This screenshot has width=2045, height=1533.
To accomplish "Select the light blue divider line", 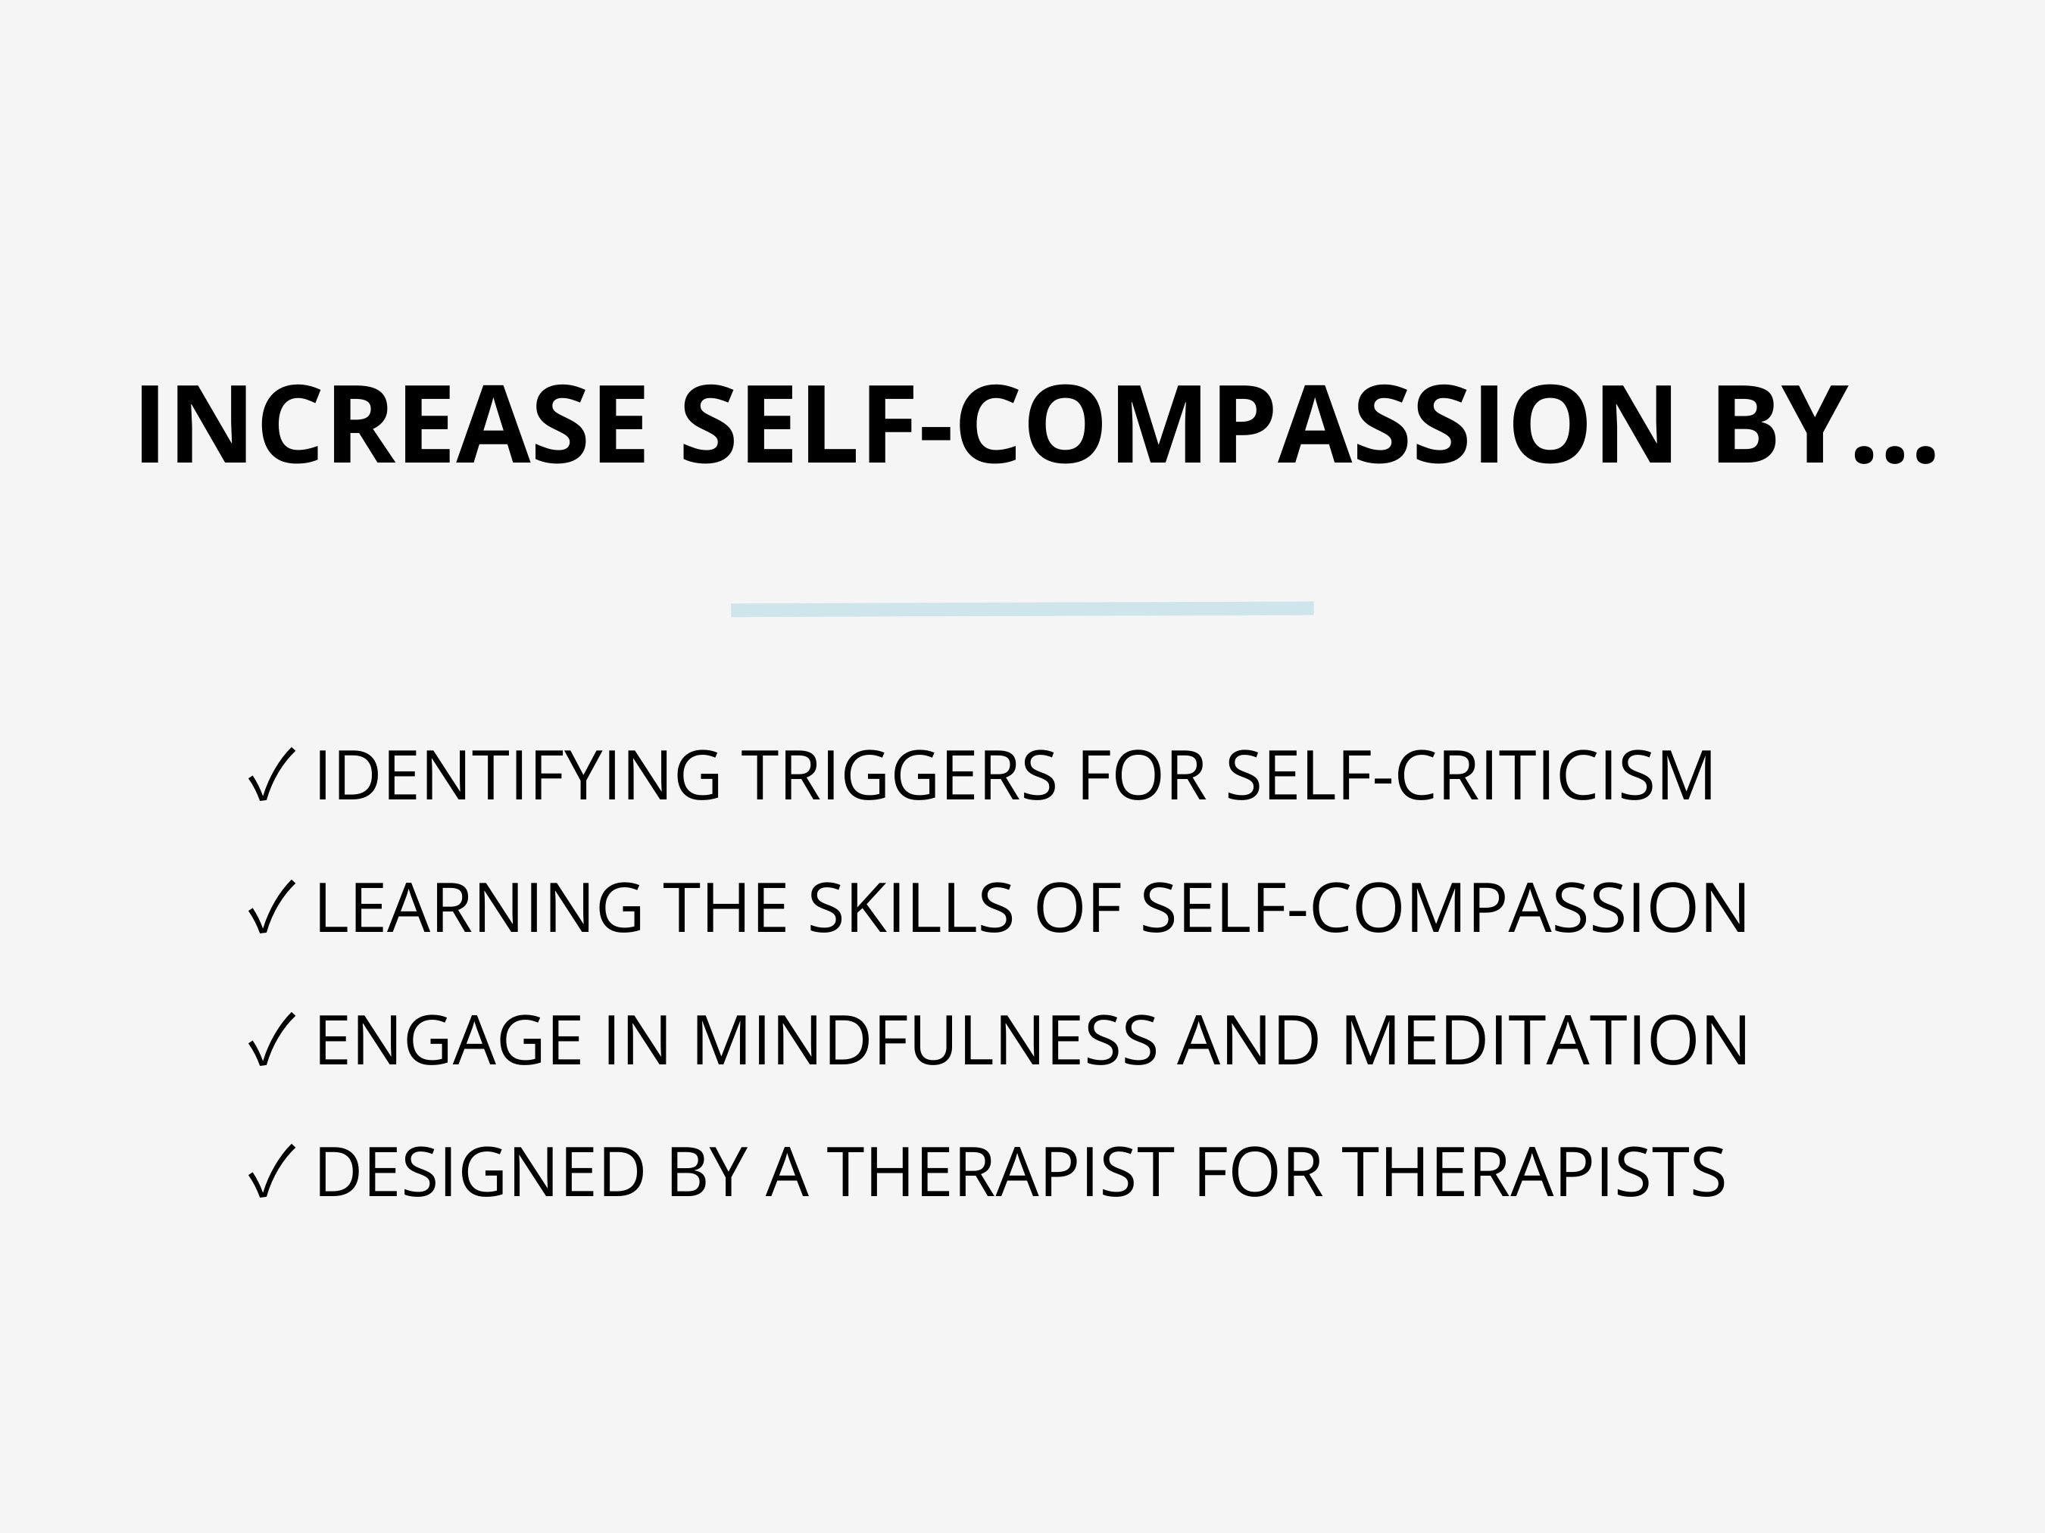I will [1022, 609].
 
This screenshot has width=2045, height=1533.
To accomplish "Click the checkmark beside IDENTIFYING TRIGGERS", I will [271, 775].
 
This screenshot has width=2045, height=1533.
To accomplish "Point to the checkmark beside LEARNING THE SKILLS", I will [271, 908].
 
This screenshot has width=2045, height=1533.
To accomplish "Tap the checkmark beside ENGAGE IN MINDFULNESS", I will [271, 1040].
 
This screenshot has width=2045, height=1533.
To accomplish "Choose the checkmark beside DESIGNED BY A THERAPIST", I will [271, 1173].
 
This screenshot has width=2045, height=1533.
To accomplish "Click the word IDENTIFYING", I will [517, 775].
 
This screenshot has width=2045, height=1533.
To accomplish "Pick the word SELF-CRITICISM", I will [1470, 775].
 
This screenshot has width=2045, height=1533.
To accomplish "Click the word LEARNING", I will [478, 908].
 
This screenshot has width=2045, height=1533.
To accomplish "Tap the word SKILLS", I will [910, 908].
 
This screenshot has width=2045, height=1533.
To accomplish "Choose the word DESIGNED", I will [479, 1173].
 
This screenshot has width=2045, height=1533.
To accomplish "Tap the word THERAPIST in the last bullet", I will [999, 1173].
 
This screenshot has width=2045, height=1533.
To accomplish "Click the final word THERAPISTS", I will [1533, 1173].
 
